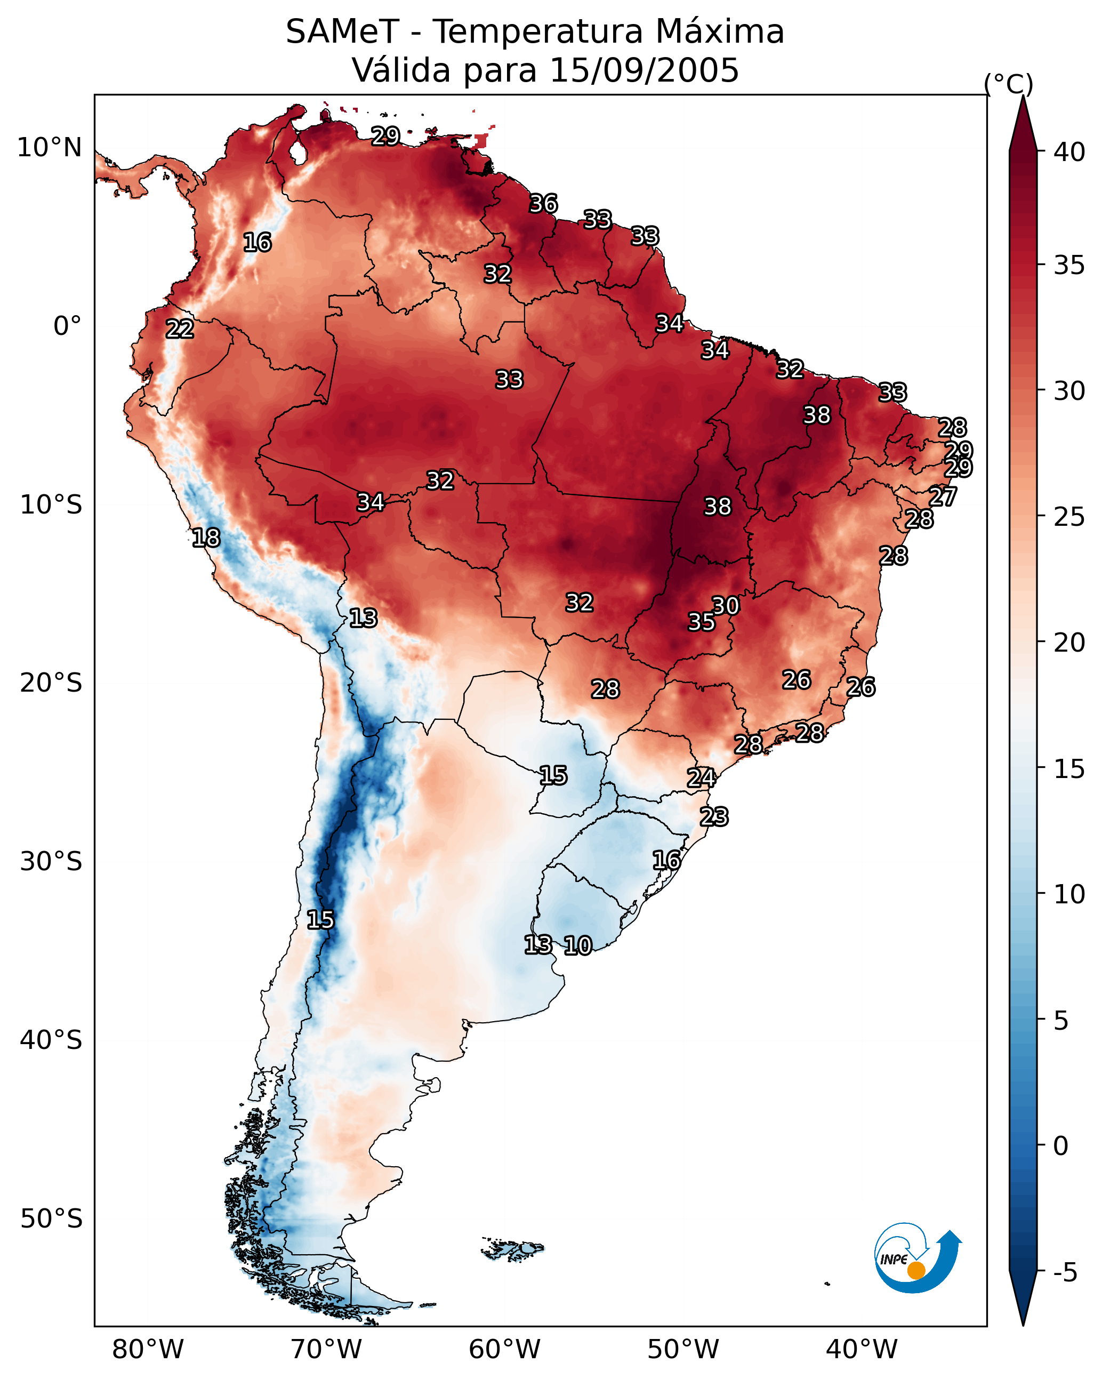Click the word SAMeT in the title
point(342,32)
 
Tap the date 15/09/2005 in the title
point(643,70)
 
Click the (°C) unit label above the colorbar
point(1008,84)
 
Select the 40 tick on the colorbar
point(1069,152)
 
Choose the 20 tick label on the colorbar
point(1069,642)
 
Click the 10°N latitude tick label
point(49,148)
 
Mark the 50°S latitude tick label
point(51,1219)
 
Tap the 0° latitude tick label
point(67,326)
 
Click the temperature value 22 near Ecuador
point(180,330)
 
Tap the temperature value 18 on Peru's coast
point(206,538)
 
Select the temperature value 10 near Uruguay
point(577,945)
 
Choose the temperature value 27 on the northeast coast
point(942,496)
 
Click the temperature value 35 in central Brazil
point(701,622)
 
